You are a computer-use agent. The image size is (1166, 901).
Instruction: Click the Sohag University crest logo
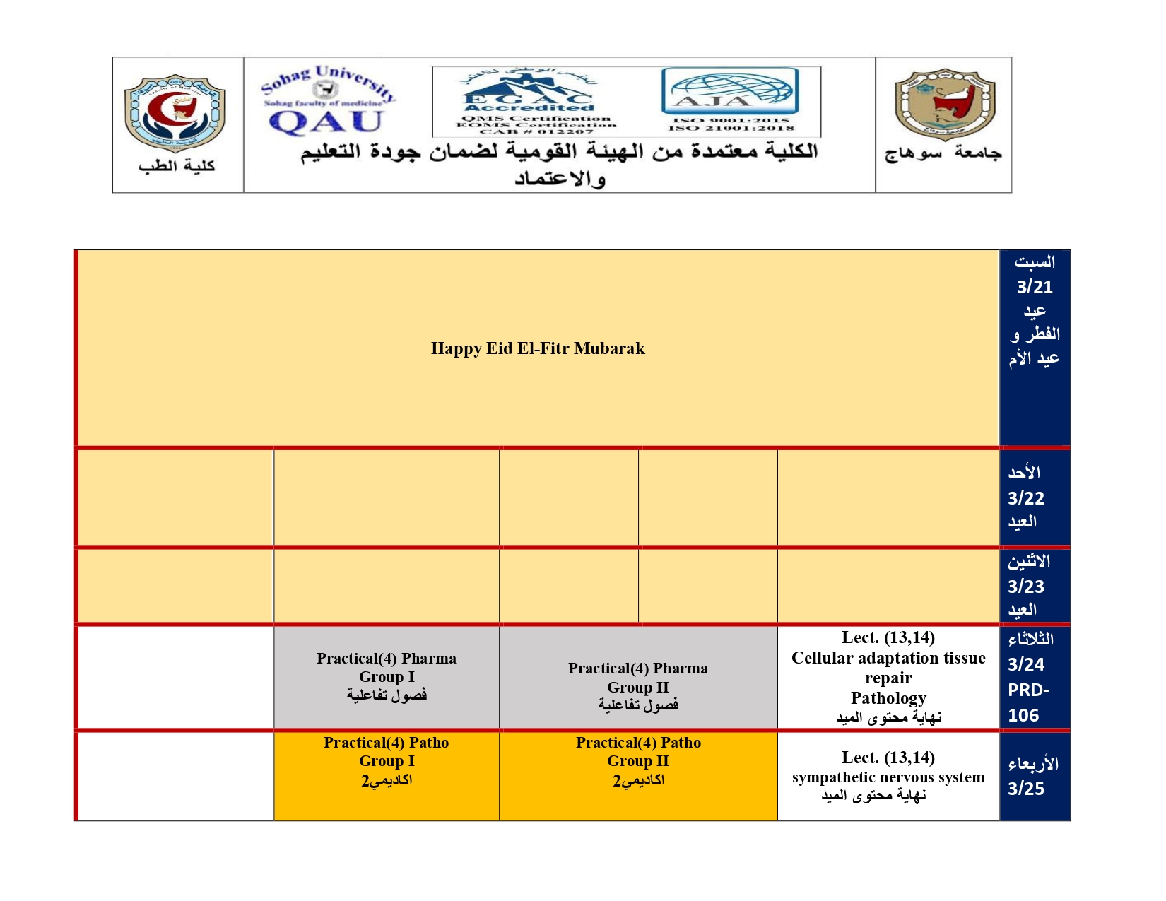(944, 105)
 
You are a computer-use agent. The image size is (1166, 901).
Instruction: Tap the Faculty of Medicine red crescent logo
(175, 113)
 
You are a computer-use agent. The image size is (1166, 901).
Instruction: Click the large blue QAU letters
(326, 122)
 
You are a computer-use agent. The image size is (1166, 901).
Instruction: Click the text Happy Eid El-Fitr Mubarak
(538, 348)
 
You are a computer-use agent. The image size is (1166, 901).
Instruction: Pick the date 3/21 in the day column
(1035, 288)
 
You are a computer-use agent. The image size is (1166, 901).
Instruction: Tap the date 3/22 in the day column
(1026, 498)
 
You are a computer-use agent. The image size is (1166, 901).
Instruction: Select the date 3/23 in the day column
(1026, 587)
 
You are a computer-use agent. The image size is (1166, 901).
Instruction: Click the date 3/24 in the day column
(1026, 664)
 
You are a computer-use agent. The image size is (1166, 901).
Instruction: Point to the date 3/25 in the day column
(1026, 789)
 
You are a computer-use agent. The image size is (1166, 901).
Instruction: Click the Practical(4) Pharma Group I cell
(387, 677)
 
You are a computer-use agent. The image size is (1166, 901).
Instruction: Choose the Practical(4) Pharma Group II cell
(638, 686)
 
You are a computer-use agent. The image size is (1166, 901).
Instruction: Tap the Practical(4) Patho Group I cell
(387, 761)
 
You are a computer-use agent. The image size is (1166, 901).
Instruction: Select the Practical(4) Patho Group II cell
(638, 761)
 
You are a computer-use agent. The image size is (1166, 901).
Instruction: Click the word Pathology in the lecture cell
(888, 698)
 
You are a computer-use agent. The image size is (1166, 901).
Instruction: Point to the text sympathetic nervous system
(888, 777)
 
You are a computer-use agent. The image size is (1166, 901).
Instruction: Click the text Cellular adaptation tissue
(888, 658)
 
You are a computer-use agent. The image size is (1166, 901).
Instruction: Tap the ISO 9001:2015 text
(731, 121)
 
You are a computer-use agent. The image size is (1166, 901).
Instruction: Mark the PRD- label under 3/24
(1028, 690)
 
